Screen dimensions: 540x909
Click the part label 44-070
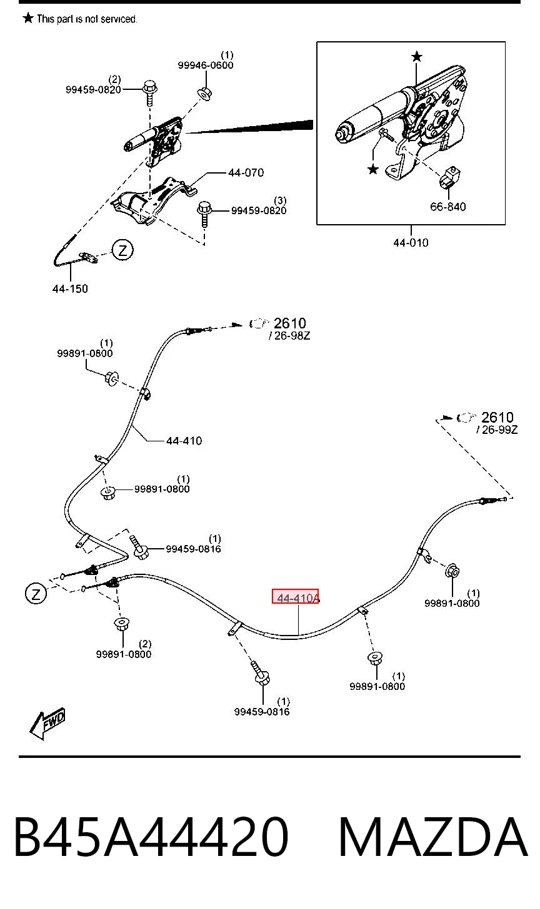246,173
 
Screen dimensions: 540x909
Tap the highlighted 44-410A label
296,596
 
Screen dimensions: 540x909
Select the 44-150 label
70,288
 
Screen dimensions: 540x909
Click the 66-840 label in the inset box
447,207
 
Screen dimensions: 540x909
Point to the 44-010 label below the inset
411,243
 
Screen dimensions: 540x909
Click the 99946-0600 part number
206,66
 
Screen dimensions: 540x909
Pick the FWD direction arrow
47,724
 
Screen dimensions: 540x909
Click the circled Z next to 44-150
122,250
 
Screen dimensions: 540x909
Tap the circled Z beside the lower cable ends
36,594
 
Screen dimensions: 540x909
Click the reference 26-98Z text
290,336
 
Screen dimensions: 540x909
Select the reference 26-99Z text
497,430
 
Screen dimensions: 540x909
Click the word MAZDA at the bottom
433,838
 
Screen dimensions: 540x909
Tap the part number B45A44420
151,838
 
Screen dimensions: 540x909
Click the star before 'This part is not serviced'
28,18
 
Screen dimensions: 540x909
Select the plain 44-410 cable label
184,441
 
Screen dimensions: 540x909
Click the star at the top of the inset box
416,57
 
